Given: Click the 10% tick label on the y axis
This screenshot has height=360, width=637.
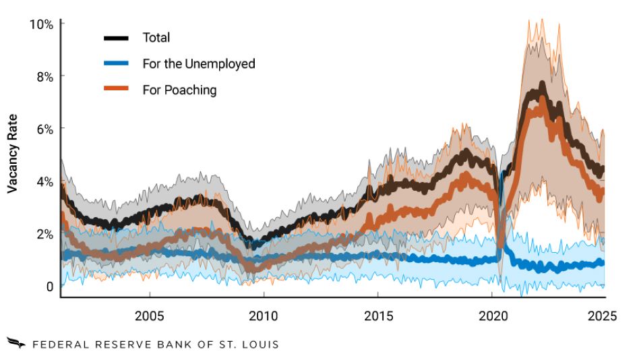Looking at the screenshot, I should click(x=41, y=24).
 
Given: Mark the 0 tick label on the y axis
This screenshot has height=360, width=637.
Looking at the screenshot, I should click(x=50, y=287).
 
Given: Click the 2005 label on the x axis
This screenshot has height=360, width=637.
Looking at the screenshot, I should click(x=149, y=315).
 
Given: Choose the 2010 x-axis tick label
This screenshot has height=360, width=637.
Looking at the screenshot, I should click(x=263, y=315).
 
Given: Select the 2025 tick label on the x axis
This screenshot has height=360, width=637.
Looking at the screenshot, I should click(x=602, y=315).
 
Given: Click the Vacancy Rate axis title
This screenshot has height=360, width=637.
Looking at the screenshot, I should click(x=12, y=154).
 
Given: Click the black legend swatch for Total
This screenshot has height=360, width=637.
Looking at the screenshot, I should click(x=116, y=37).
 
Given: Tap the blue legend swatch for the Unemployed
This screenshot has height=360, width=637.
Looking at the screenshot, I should click(x=116, y=63).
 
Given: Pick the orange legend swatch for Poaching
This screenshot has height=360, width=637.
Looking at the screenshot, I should click(x=116, y=90).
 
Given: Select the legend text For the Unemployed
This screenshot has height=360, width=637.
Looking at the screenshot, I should click(x=199, y=63).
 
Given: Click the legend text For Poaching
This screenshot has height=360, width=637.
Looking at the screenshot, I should click(x=179, y=90).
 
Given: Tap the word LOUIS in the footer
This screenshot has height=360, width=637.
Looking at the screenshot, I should click(x=260, y=344).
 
